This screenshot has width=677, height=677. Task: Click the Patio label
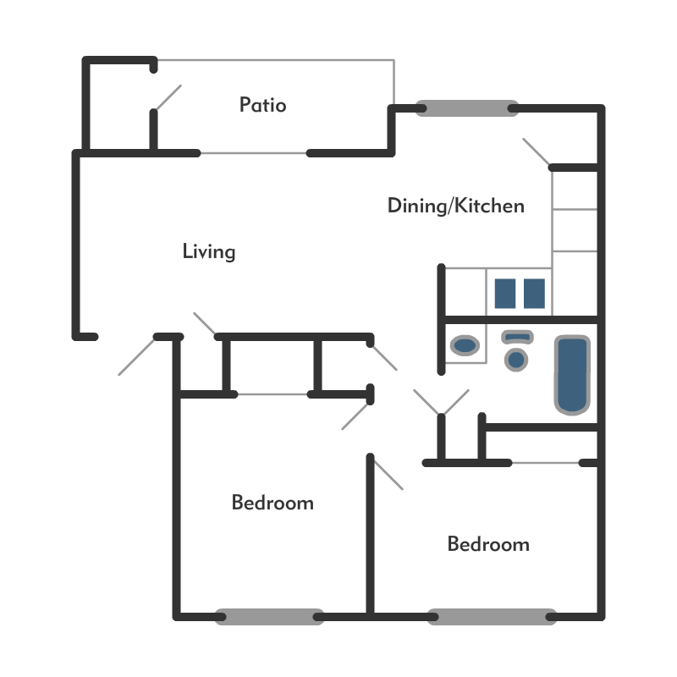point(262,105)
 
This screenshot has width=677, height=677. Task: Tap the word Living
point(209,251)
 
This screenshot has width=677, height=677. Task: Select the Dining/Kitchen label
point(456,206)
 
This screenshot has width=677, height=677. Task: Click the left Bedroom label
point(272,503)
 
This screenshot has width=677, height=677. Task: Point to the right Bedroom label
point(488,544)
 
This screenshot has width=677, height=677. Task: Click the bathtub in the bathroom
point(573,375)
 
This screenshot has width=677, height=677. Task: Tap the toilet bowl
point(516,360)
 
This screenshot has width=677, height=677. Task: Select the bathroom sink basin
point(465,345)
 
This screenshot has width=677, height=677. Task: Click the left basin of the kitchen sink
point(505,294)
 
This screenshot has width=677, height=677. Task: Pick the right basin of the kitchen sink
point(534,294)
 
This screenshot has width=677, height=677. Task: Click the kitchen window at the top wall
point(467,108)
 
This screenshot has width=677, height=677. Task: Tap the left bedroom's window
point(269,617)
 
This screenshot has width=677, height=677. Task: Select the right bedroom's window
point(492,617)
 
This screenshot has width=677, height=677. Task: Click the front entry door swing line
point(136,356)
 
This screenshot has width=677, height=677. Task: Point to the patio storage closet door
point(168,97)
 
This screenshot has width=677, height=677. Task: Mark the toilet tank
point(517,337)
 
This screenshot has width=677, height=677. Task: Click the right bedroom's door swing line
point(388,475)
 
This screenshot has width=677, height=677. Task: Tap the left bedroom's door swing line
point(355,416)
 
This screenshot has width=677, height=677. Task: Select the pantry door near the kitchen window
point(537,151)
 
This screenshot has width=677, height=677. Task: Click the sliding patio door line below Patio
point(253,153)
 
